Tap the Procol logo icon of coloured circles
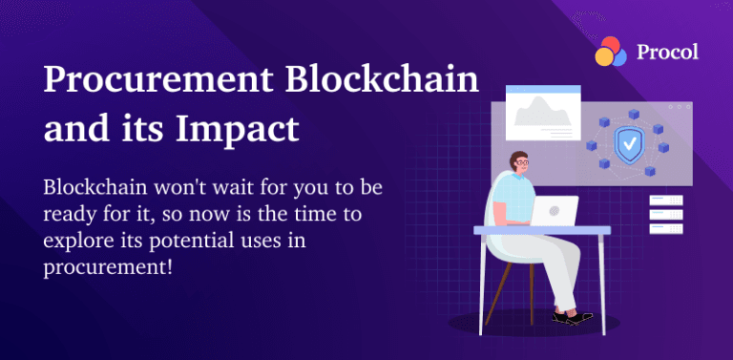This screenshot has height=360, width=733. (611, 52)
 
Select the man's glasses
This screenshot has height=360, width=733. (523, 163)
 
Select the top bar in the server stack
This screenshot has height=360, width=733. (665, 200)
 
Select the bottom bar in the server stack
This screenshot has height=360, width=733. (665, 229)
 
